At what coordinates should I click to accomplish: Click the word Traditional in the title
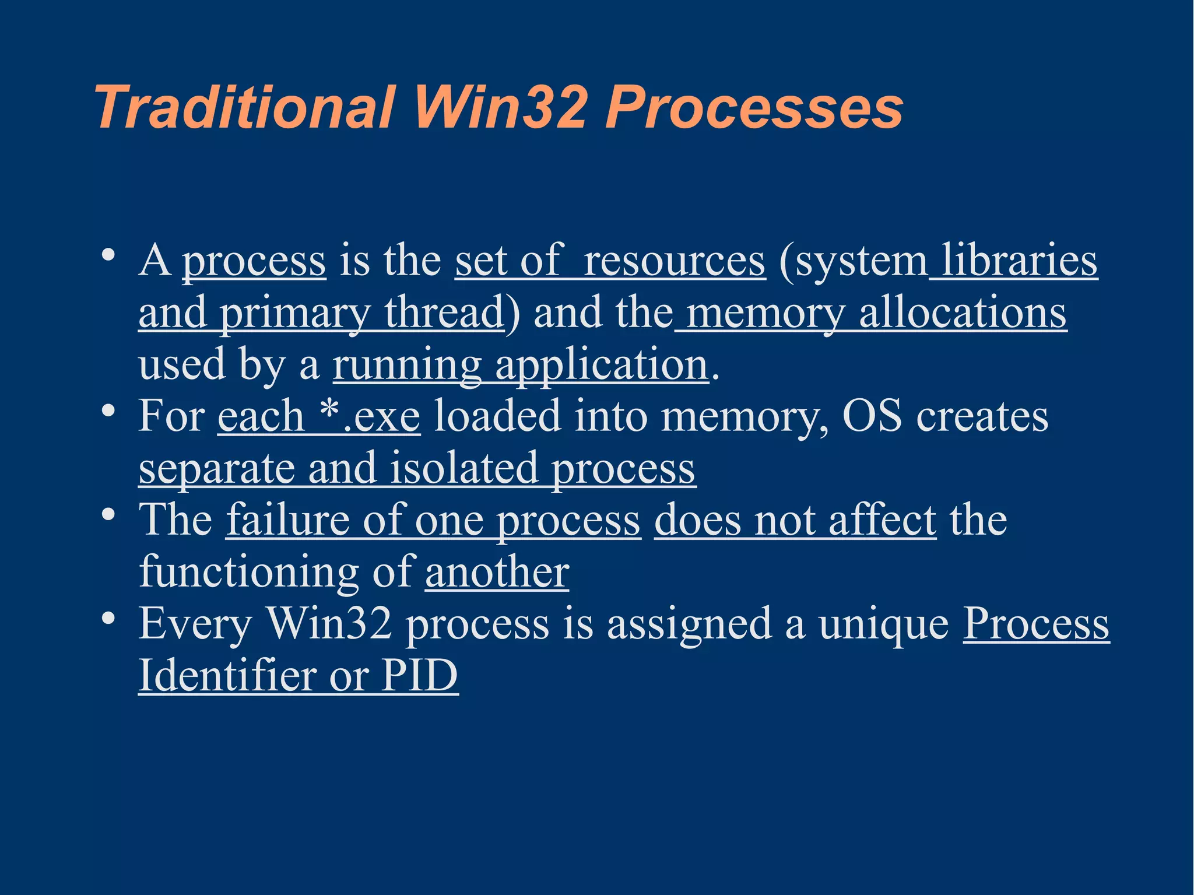click(245, 108)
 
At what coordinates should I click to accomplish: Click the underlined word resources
click(675, 261)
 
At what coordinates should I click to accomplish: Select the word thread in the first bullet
click(444, 313)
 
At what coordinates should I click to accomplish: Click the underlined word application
click(602, 364)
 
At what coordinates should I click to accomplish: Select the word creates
click(982, 416)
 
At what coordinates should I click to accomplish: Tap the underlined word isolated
click(463, 468)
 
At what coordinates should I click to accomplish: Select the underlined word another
click(497, 572)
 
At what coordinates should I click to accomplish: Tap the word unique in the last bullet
click(884, 624)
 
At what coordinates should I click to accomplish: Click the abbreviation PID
click(420, 676)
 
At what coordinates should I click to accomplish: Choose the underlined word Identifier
click(227, 676)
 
